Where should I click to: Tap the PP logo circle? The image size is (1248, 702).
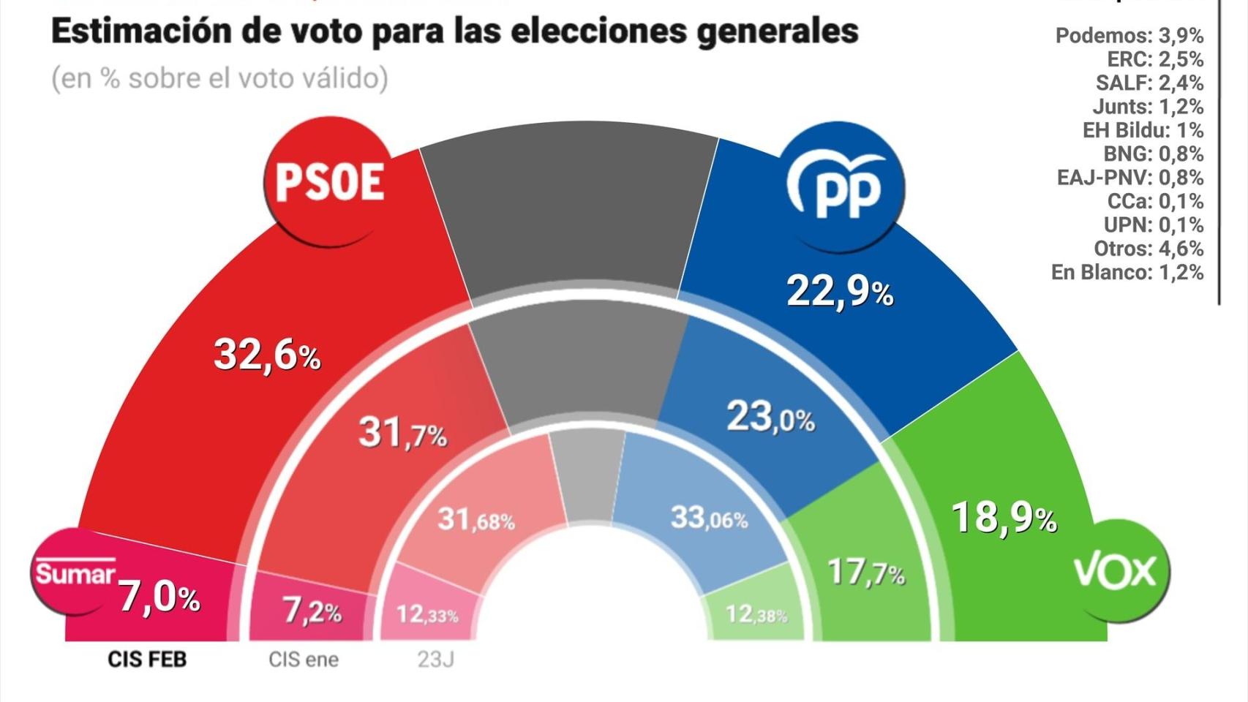[843, 187]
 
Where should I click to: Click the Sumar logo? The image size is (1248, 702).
[74, 573]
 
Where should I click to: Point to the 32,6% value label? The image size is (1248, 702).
[266, 355]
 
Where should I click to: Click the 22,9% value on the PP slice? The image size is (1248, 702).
[839, 292]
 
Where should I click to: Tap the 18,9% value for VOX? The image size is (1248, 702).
[1004, 518]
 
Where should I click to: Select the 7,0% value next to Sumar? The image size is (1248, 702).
[159, 597]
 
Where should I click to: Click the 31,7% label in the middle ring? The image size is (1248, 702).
[402, 433]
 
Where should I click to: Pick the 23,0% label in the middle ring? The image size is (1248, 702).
[770, 418]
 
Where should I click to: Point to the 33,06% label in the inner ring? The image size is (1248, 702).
[709, 518]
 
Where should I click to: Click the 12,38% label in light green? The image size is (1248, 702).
[756, 614]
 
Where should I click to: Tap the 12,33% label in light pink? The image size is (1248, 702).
[427, 614]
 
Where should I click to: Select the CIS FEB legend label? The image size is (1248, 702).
[147, 660]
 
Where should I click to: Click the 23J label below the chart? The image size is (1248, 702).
[435, 660]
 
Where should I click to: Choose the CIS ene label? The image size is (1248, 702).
[303, 660]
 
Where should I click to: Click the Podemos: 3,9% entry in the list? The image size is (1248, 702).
[1129, 35]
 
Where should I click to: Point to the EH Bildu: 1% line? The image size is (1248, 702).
[1142, 130]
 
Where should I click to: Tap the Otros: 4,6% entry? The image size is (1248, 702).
[1148, 249]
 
